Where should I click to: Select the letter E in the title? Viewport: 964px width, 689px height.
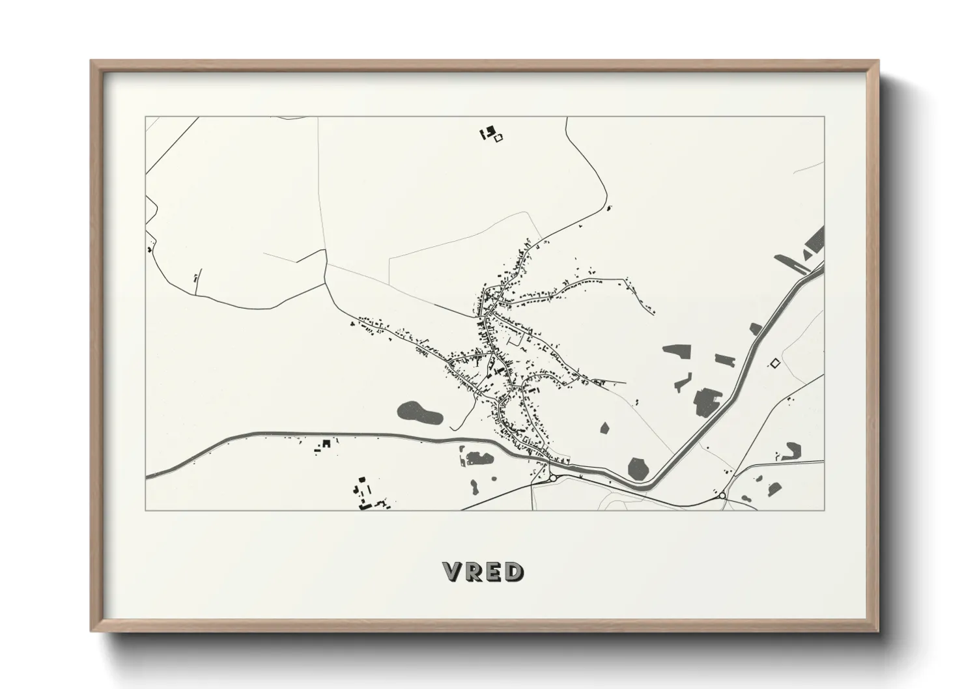tap(493, 572)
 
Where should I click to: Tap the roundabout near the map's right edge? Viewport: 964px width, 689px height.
tap(722, 496)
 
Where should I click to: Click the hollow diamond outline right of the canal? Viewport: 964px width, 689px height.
tap(774, 363)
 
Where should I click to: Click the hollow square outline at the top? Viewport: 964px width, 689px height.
tap(499, 137)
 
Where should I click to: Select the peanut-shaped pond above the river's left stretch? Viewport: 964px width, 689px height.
tap(419, 412)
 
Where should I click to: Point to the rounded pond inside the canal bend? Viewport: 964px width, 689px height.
tap(638, 467)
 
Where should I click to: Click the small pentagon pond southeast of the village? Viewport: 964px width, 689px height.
tap(604, 428)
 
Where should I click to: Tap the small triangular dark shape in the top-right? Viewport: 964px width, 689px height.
tap(808, 255)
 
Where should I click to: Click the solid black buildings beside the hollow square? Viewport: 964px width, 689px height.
tap(485, 134)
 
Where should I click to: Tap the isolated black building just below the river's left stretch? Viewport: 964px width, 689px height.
tap(327, 443)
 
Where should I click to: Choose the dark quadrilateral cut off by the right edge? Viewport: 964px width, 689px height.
tap(815, 241)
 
